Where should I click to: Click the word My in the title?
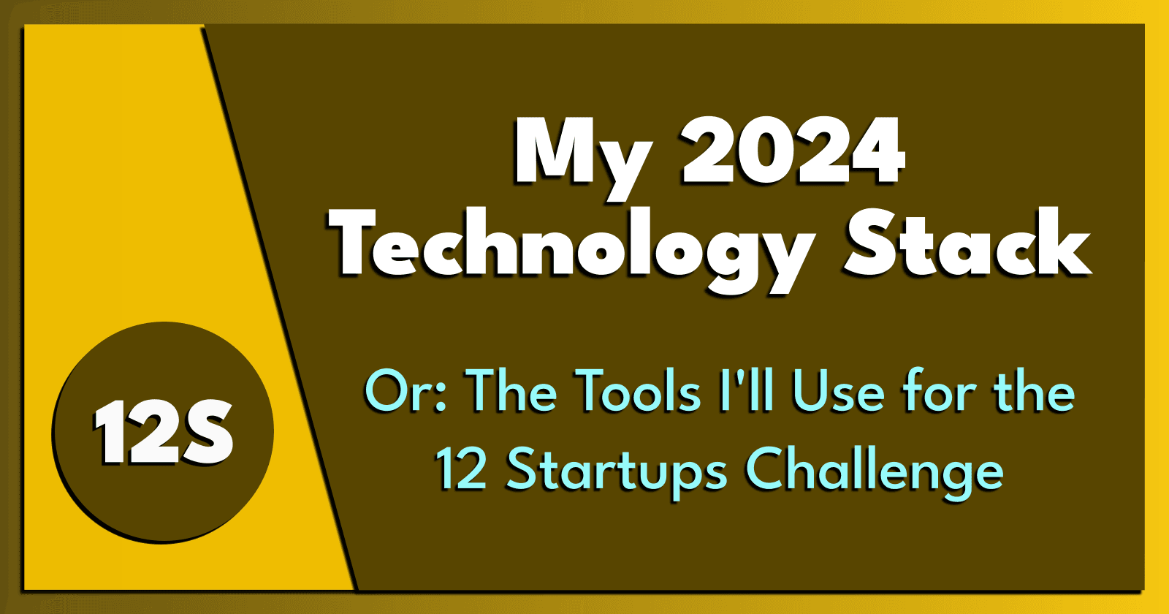[581, 153]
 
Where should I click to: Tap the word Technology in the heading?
[574, 245]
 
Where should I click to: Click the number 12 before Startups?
[462, 469]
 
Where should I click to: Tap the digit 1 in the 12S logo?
[110, 433]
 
